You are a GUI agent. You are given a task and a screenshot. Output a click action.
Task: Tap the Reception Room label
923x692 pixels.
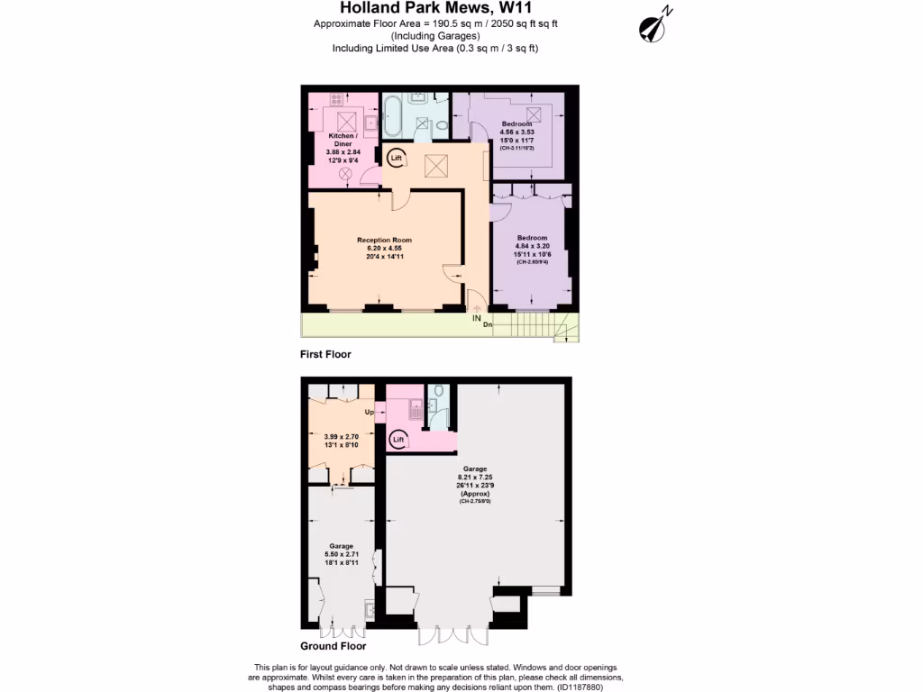pos(384,240)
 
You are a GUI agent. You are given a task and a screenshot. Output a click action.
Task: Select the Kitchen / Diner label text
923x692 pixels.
pos(341,140)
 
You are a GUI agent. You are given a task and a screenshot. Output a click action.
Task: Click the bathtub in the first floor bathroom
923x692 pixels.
pos(395,114)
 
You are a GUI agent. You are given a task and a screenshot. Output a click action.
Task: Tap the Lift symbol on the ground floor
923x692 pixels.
pos(398,439)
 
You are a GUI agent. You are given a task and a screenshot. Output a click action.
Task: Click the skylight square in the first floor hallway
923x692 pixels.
pos(436,166)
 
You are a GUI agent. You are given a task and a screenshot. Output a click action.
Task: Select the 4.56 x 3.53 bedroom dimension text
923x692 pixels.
pos(516,132)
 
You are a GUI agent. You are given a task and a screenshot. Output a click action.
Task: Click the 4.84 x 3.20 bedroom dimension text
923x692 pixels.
pos(531,246)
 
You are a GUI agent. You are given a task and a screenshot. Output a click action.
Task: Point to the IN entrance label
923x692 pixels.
pos(475,318)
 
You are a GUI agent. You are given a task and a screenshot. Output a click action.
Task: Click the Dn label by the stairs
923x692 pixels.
pos(488,324)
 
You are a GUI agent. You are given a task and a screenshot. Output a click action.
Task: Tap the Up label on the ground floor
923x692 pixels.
pos(369,413)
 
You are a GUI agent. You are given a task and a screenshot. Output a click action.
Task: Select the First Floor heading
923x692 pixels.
pos(326,355)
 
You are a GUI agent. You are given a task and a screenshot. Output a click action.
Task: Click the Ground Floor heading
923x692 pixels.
pos(334,646)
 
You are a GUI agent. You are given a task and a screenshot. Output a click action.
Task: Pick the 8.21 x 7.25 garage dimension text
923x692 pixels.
pos(475,478)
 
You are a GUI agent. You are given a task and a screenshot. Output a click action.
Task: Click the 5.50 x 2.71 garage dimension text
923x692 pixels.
pos(341,555)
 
